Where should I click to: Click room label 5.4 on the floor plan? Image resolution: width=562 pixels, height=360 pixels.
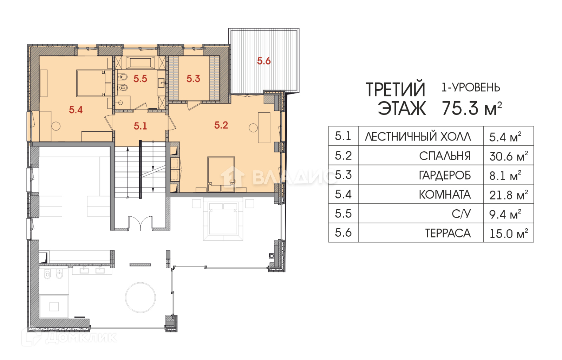(x=76, y=110)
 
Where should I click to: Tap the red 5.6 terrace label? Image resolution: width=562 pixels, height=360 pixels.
(x=264, y=61)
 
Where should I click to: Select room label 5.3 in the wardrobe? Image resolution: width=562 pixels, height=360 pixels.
(x=193, y=79)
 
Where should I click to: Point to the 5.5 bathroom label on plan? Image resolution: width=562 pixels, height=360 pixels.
(x=140, y=79)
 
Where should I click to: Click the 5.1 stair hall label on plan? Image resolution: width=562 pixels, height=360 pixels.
(x=140, y=126)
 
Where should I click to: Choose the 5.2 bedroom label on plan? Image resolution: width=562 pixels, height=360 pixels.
(x=221, y=125)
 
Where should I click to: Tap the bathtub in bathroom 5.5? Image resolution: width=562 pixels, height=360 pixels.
(x=140, y=63)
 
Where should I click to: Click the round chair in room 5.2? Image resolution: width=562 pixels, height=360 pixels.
(x=253, y=128)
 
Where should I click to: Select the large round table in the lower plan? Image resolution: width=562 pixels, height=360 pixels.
(x=140, y=297)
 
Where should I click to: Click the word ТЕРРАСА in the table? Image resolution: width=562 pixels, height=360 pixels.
(x=448, y=233)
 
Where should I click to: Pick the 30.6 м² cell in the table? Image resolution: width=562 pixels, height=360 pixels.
(x=508, y=156)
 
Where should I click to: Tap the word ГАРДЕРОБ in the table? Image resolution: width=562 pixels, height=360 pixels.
(x=445, y=175)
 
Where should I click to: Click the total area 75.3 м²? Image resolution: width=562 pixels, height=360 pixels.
(x=472, y=108)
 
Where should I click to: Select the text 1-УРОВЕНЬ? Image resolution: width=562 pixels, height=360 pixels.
(x=471, y=87)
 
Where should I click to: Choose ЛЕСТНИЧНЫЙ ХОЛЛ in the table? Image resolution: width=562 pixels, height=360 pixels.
(x=418, y=137)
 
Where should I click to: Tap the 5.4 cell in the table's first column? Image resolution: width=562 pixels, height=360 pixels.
(x=343, y=194)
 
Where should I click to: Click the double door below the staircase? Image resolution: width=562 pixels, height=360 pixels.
(x=140, y=223)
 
